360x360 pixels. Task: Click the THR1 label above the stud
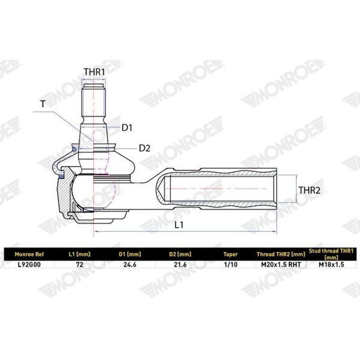coord(94,72)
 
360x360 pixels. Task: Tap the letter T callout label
coord(43,104)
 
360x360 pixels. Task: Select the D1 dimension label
coord(127,128)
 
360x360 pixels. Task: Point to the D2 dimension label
coord(144,148)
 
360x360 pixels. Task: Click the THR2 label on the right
coord(309,190)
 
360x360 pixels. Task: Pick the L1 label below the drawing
coord(179,225)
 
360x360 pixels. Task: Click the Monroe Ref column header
coord(29,254)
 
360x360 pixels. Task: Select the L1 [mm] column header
coord(80,254)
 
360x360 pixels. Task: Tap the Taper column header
coord(230,254)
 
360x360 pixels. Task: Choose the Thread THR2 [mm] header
coord(281,254)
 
